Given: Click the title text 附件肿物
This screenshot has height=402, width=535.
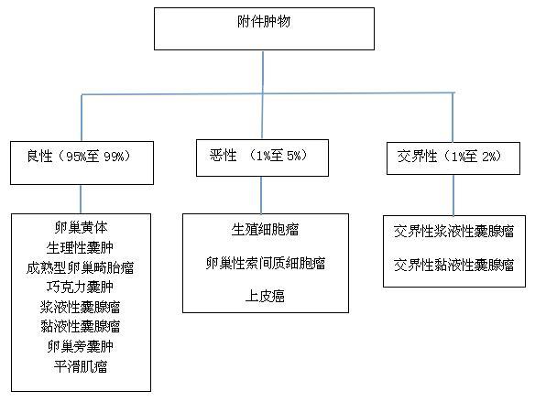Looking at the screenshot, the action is (x=264, y=22).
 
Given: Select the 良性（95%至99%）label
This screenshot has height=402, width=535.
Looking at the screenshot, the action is (x=79, y=157).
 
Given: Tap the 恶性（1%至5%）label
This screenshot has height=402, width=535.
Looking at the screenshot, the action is (x=258, y=156).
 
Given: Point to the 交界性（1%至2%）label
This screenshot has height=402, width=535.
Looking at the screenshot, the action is (x=450, y=157).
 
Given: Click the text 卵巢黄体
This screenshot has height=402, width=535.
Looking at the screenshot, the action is (x=81, y=227).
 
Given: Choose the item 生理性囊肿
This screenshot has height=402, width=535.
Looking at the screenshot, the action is (x=80, y=247).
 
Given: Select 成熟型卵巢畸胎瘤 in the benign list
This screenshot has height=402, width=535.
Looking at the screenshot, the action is (x=81, y=267).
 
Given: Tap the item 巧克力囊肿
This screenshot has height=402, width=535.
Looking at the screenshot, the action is (x=80, y=288).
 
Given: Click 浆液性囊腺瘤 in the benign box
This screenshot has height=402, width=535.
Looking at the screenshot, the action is (x=81, y=307).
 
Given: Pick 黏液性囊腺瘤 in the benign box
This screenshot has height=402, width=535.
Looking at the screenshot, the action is (x=81, y=326).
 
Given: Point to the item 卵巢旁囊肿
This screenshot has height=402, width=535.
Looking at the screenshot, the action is (x=81, y=346).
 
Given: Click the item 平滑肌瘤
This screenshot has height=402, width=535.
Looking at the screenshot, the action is (x=81, y=366).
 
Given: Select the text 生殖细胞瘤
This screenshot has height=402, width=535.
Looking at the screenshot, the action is (x=265, y=230).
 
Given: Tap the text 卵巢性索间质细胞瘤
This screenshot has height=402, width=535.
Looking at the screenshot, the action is (x=266, y=263).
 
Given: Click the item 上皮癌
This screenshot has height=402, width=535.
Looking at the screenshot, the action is (x=265, y=296).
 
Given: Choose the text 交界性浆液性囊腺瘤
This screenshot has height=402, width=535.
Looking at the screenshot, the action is (x=453, y=231).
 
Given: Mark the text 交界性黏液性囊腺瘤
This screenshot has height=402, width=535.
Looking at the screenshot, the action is (x=453, y=265).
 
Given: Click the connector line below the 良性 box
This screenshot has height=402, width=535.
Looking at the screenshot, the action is (x=81, y=199).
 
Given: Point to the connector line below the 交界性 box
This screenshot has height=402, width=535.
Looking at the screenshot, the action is (x=453, y=195).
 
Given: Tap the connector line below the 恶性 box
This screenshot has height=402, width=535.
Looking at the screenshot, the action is (x=261, y=195).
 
